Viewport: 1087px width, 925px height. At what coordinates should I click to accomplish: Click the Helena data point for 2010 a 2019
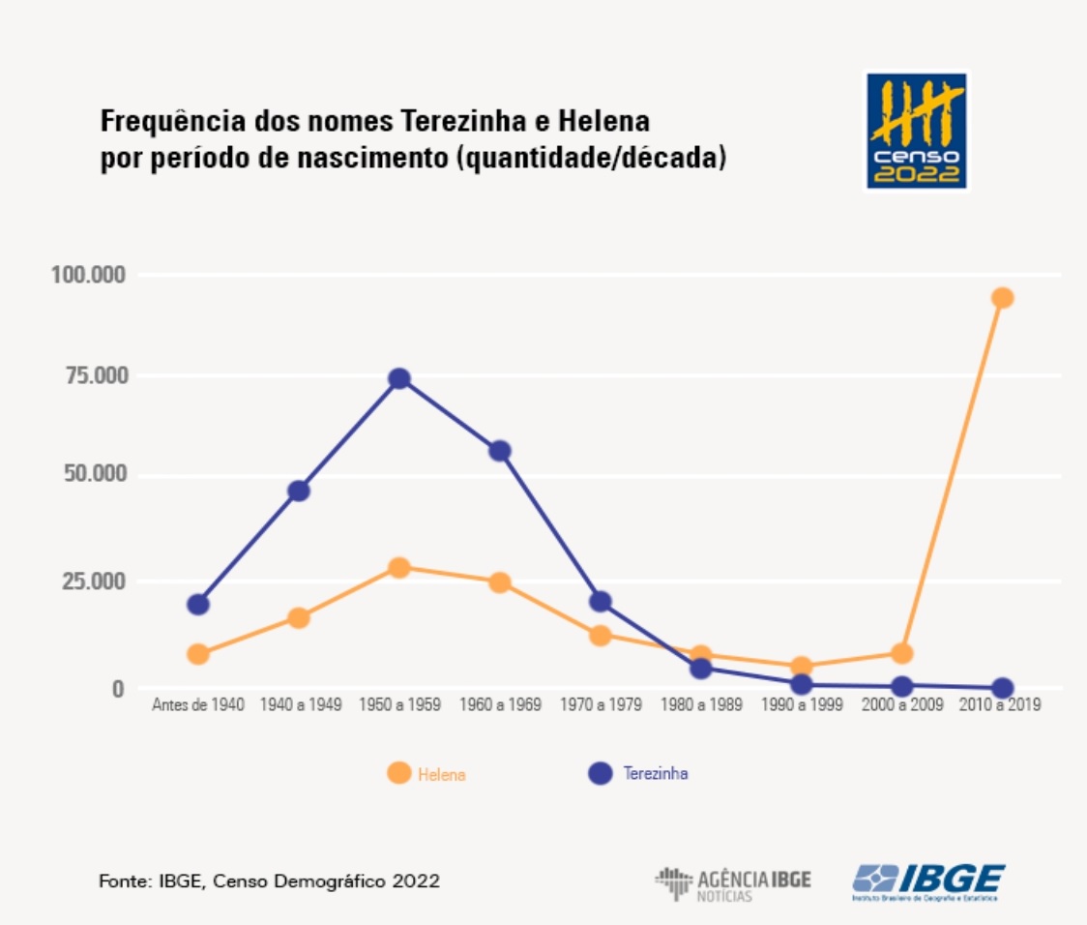click(x=1002, y=297)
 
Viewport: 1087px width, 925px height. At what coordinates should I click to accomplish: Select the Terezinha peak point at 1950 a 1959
click(x=398, y=378)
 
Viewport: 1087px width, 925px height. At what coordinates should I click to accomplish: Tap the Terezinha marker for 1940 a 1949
click(x=299, y=491)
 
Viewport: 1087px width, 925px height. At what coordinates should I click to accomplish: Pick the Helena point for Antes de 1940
click(x=198, y=654)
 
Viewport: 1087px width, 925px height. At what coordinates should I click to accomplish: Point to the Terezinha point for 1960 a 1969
click(x=499, y=451)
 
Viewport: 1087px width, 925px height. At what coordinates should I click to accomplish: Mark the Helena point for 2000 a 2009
click(x=901, y=653)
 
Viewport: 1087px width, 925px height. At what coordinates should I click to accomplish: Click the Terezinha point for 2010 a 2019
click(x=1002, y=688)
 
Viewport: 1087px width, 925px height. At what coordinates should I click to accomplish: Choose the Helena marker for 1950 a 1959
click(x=398, y=567)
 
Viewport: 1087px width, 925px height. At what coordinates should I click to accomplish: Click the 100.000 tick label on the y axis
click(x=88, y=275)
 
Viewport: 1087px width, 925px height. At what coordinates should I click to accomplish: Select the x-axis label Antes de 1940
click(x=198, y=704)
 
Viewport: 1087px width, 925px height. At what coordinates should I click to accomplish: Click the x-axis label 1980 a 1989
click(x=701, y=704)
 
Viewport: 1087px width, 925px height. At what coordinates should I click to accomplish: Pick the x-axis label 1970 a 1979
click(x=601, y=704)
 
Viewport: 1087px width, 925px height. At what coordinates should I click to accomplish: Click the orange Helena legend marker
click(x=397, y=773)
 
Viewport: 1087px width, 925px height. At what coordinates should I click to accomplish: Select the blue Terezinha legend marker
click(x=601, y=773)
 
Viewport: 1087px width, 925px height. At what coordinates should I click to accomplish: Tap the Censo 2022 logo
click(x=915, y=130)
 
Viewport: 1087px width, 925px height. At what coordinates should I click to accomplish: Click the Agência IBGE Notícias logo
click(x=733, y=882)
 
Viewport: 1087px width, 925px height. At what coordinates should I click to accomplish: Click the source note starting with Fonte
click(x=269, y=881)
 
